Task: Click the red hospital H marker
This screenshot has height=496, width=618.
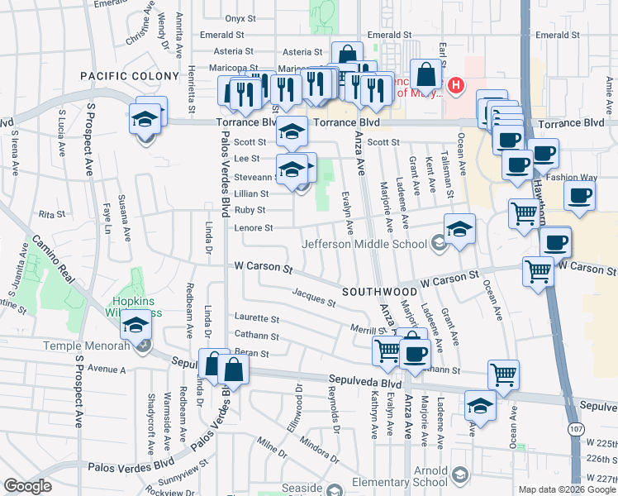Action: pyautogui.click(x=455, y=84)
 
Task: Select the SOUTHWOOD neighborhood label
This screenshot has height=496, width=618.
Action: pyautogui.click(x=380, y=292)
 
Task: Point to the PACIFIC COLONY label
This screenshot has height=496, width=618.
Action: pyautogui.click(x=130, y=76)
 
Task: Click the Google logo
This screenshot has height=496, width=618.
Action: pyautogui.click(x=27, y=487)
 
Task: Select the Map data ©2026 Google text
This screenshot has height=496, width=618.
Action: pyautogui.click(x=567, y=489)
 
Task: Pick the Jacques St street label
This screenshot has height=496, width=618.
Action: pyautogui.click(x=314, y=298)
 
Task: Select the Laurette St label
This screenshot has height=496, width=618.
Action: pyautogui.click(x=257, y=318)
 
